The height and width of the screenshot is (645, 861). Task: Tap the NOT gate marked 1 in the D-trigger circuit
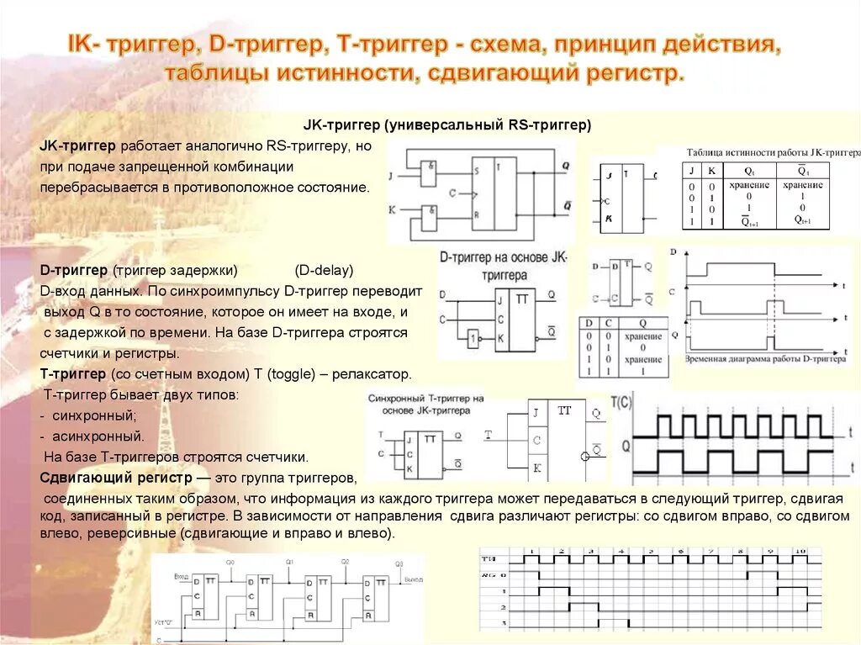click(474, 339)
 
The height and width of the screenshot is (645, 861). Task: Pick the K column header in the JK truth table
click(710, 171)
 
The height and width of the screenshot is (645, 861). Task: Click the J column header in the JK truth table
click(691, 171)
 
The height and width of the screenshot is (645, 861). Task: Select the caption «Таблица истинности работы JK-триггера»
click(772, 153)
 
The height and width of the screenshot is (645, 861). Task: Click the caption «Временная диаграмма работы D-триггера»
click(766, 358)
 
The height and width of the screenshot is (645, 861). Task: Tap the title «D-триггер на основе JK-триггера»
click(504, 265)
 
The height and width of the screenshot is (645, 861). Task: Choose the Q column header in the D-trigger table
click(642, 323)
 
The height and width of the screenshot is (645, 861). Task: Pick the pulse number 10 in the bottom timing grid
click(800, 551)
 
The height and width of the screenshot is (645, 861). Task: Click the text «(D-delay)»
click(324, 271)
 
